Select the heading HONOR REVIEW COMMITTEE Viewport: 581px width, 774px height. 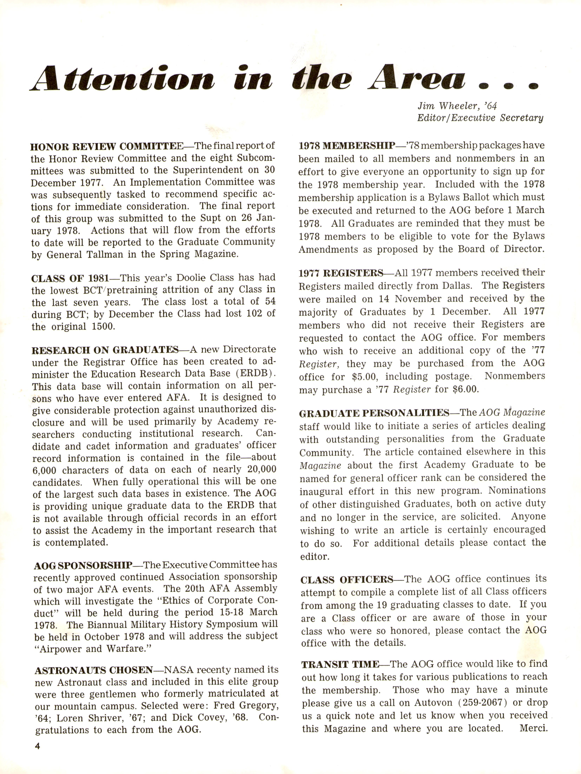[107, 146]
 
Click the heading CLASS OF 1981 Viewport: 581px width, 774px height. [70, 278]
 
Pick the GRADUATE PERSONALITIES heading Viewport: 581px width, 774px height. [374, 413]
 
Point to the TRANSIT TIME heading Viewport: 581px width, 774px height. [340, 664]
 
